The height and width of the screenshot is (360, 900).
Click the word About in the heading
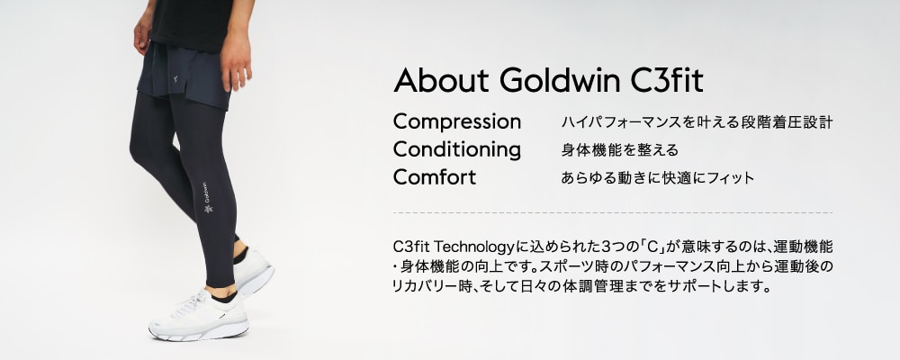(441, 80)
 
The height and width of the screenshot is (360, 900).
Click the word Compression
(457, 122)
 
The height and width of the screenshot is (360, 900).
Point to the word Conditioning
(457, 150)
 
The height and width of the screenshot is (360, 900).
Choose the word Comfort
(435, 176)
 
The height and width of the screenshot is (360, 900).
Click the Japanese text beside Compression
(697, 122)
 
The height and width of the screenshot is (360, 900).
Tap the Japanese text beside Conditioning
(619, 150)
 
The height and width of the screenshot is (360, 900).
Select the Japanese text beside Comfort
(657, 178)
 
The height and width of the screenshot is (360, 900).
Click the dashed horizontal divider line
(612, 213)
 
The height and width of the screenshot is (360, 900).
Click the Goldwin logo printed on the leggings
(206, 198)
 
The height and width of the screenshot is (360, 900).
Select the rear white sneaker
(253, 271)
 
